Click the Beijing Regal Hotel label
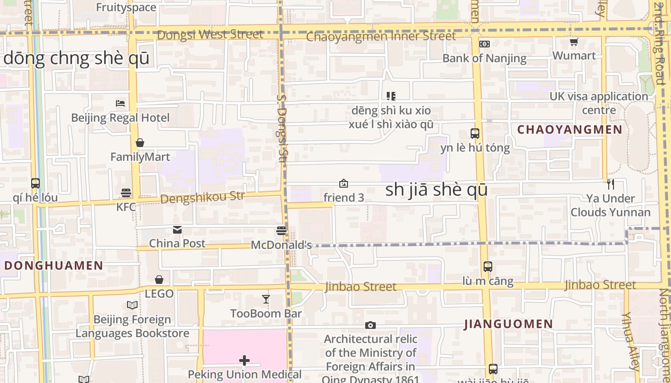click(x=120, y=118)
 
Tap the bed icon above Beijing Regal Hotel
click(x=120, y=103)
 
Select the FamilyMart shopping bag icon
click(x=140, y=143)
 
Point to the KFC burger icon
click(x=126, y=193)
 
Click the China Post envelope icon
click(x=177, y=230)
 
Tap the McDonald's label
click(x=281, y=245)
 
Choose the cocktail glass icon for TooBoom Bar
click(x=266, y=300)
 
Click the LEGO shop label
click(x=159, y=294)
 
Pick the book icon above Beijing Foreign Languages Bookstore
click(x=132, y=305)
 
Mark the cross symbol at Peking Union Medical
click(x=244, y=360)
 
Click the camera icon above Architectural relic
click(x=370, y=326)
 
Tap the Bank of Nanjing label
click(x=484, y=58)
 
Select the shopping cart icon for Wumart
click(x=574, y=42)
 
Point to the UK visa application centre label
click(x=599, y=103)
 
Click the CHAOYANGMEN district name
click(x=570, y=129)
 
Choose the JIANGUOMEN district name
click(x=509, y=324)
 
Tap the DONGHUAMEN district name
click(x=54, y=266)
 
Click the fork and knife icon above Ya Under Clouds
click(x=610, y=184)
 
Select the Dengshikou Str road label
click(x=203, y=197)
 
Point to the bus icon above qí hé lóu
click(x=35, y=183)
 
